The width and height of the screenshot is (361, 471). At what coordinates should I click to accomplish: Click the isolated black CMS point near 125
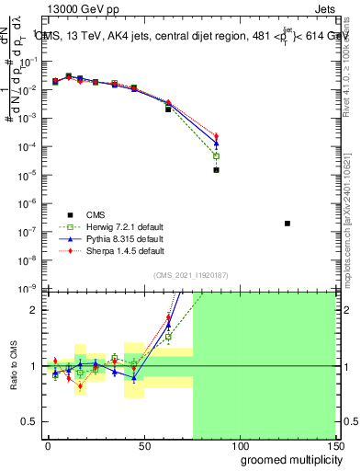point(288,223)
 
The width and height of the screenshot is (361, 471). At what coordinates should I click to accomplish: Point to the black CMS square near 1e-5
point(216,169)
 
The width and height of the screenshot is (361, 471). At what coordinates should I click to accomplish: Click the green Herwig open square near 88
point(216,155)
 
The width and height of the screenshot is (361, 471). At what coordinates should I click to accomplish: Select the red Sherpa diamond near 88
point(216,137)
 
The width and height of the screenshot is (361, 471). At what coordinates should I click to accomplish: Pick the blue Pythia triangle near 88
point(216,144)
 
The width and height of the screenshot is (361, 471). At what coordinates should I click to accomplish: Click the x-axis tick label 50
point(143,444)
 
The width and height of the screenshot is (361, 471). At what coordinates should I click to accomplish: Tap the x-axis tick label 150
point(334,444)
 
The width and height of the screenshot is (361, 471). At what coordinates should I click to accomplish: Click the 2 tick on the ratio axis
point(33,309)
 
